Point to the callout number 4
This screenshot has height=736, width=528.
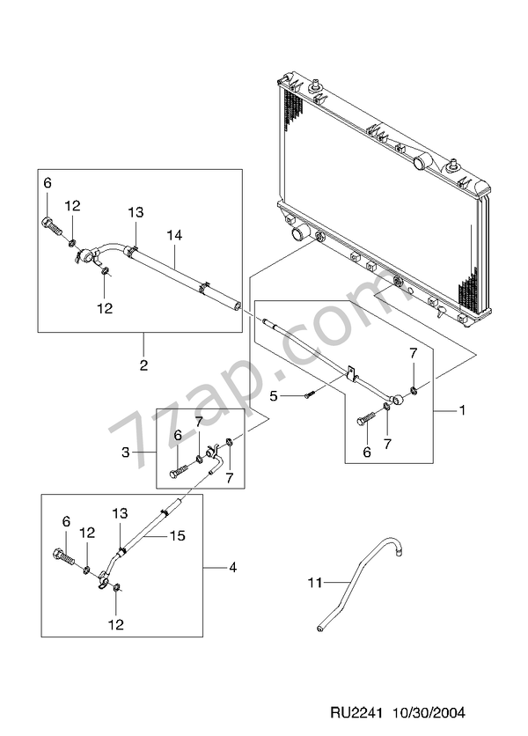(x=232, y=568)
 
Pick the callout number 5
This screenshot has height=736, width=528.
(x=274, y=397)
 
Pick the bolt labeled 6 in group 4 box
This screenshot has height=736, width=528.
(x=63, y=558)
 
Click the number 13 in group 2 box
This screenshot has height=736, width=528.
(x=135, y=212)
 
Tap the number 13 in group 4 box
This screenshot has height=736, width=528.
(x=120, y=513)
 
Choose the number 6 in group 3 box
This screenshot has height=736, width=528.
(x=177, y=435)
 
